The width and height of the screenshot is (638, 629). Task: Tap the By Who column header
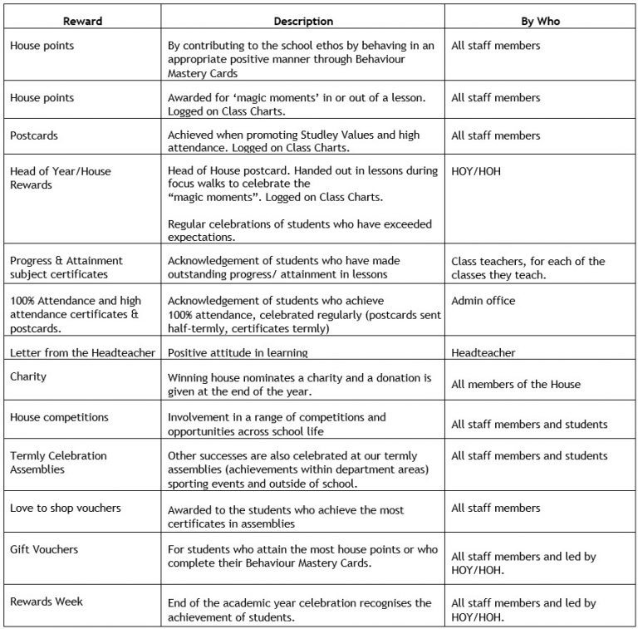pyautogui.click(x=539, y=21)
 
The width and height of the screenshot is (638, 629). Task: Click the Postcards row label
pyautogui.click(x=34, y=135)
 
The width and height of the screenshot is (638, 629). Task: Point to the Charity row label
pyautogui.click(x=28, y=376)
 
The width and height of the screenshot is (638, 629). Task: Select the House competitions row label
pyautogui.click(x=59, y=417)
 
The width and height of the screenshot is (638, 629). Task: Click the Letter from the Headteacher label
pyautogui.click(x=82, y=353)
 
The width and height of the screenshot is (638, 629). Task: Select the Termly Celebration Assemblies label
pyautogui.click(x=57, y=462)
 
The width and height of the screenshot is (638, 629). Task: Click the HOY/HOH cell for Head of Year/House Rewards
pyautogui.click(x=477, y=171)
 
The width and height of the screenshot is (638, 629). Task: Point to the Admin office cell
pyautogui.click(x=483, y=300)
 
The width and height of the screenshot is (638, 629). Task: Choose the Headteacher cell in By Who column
pyautogui.click(x=483, y=353)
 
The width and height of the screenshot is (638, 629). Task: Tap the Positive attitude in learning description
pyautogui.click(x=238, y=353)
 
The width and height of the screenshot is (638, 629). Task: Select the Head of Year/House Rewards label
pyautogui.click(x=60, y=178)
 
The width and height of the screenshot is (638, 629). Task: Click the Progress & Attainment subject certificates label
pyautogui.click(x=66, y=267)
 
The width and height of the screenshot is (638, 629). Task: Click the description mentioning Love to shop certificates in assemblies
pyautogui.click(x=297, y=514)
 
